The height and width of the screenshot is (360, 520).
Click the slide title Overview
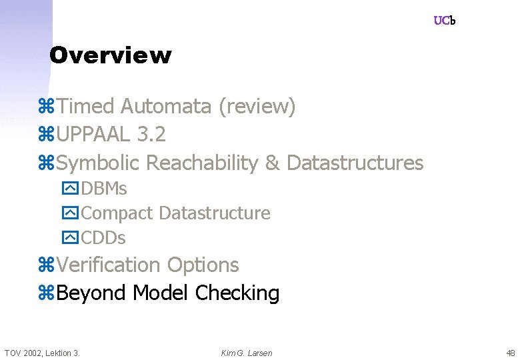click(110, 55)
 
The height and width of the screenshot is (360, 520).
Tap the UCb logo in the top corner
click(444, 21)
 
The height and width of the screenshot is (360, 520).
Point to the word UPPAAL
click(93, 135)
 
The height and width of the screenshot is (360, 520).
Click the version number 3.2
click(151, 135)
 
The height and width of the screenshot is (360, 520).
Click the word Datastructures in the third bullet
click(355, 163)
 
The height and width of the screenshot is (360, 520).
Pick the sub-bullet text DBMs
click(104, 189)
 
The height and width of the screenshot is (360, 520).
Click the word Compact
click(117, 213)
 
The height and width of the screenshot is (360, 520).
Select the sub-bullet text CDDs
click(103, 237)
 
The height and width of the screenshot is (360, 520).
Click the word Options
click(203, 265)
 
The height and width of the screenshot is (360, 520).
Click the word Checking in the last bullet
click(237, 293)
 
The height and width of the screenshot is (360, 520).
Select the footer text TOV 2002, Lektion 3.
click(42, 353)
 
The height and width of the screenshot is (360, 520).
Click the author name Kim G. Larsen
click(247, 353)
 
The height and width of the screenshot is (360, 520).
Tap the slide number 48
click(511, 353)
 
